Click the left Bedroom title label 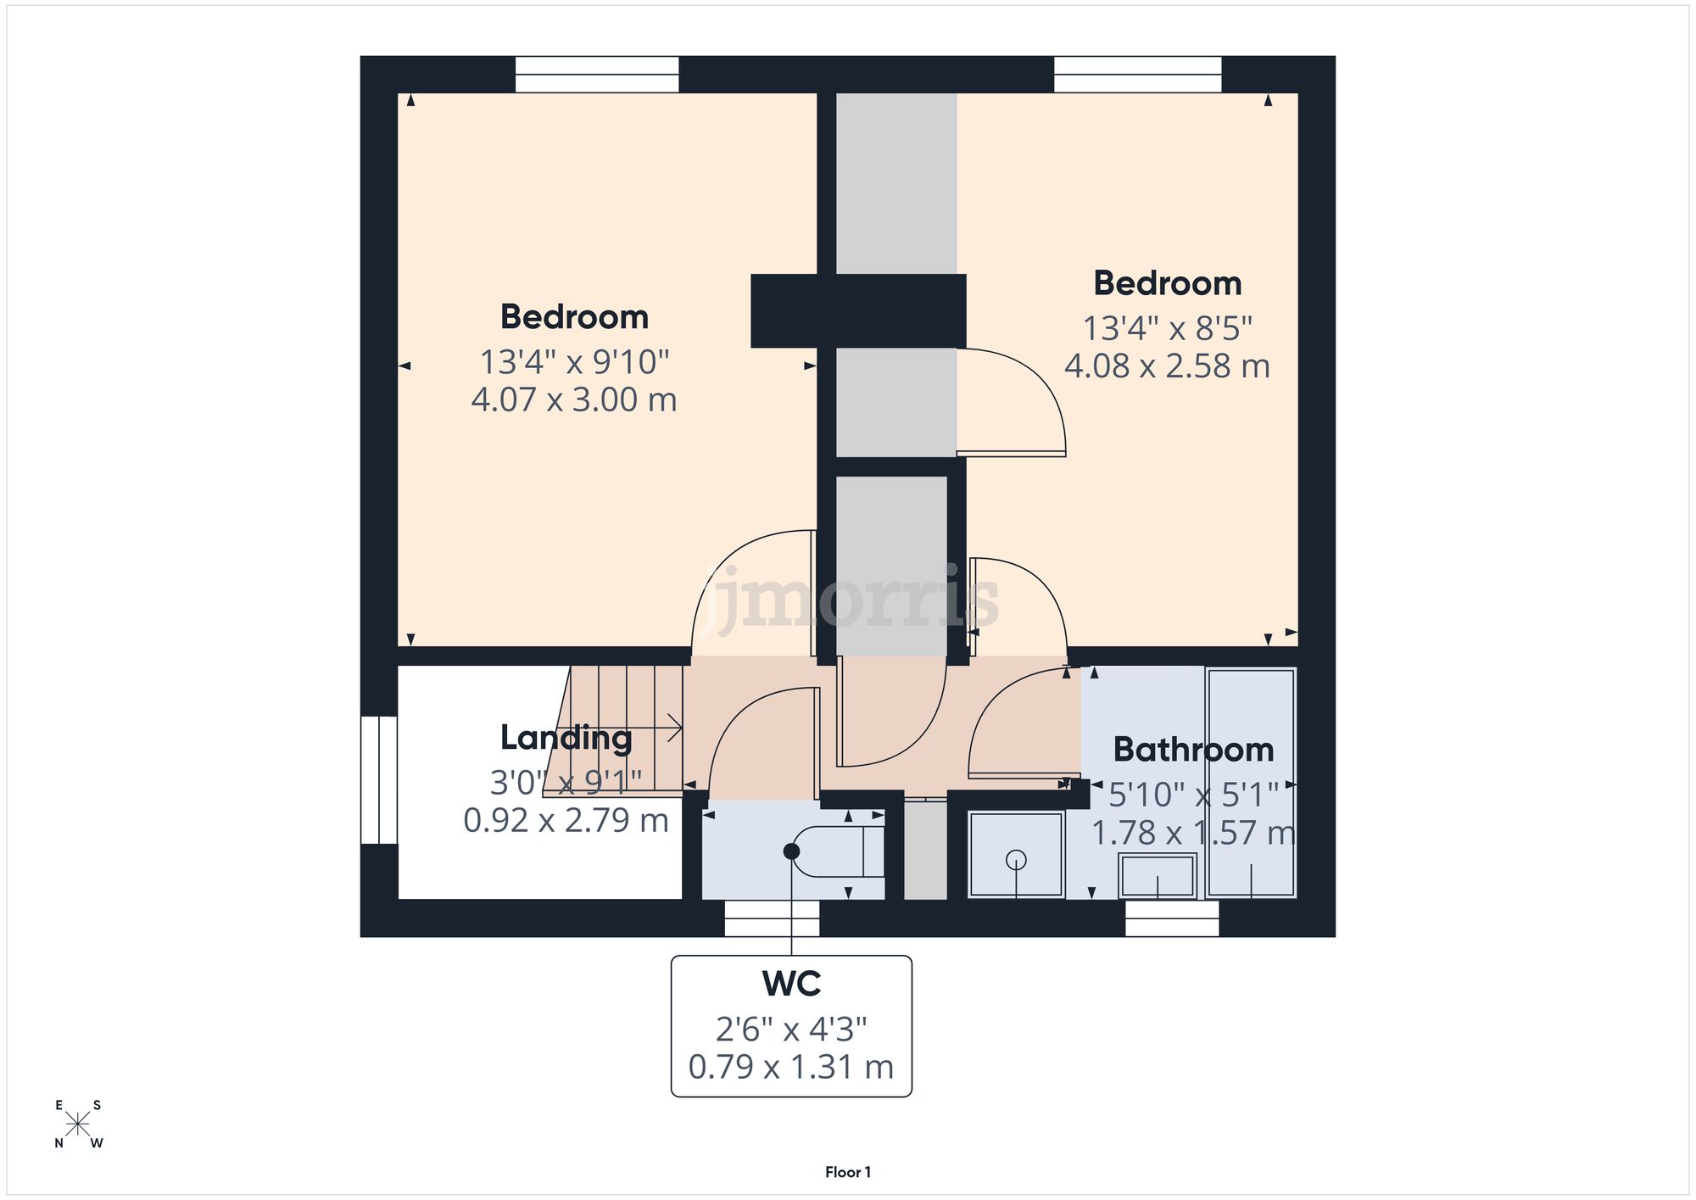pos(574,317)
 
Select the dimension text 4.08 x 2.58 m pos(1167,366)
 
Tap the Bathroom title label pos(1193,750)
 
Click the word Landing pos(566,738)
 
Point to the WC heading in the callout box pos(791,984)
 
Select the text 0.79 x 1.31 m pos(791,1067)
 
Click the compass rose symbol pos(78,1125)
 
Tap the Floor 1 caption pos(848,1172)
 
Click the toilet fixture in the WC pos(840,851)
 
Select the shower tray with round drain pos(1015,855)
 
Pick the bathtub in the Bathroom pos(1251,782)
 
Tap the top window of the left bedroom pos(597,75)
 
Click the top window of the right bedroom pos(1137,75)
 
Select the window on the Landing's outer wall pos(379,780)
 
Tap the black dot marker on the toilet pos(792,851)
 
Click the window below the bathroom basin pos(1172,918)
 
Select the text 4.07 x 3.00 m pos(574,400)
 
